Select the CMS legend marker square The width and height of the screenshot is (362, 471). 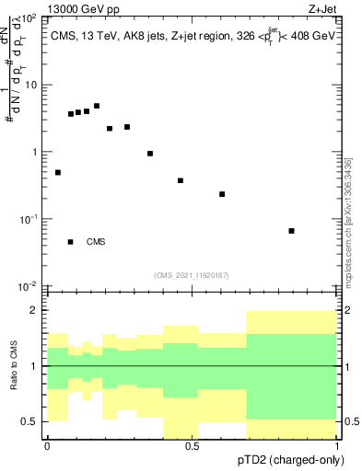[71, 242]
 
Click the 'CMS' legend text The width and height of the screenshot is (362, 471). [96, 242]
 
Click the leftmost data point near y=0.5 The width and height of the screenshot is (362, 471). [58, 172]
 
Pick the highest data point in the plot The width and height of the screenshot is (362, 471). [97, 106]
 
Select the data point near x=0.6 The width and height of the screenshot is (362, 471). [222, 194]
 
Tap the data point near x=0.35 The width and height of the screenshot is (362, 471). [150, 154]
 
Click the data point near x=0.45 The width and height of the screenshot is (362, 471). [181, 180]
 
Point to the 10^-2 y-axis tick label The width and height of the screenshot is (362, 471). [29, 287]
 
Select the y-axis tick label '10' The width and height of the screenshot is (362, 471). [31, 86]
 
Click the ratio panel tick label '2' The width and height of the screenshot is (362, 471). [36, 310]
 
